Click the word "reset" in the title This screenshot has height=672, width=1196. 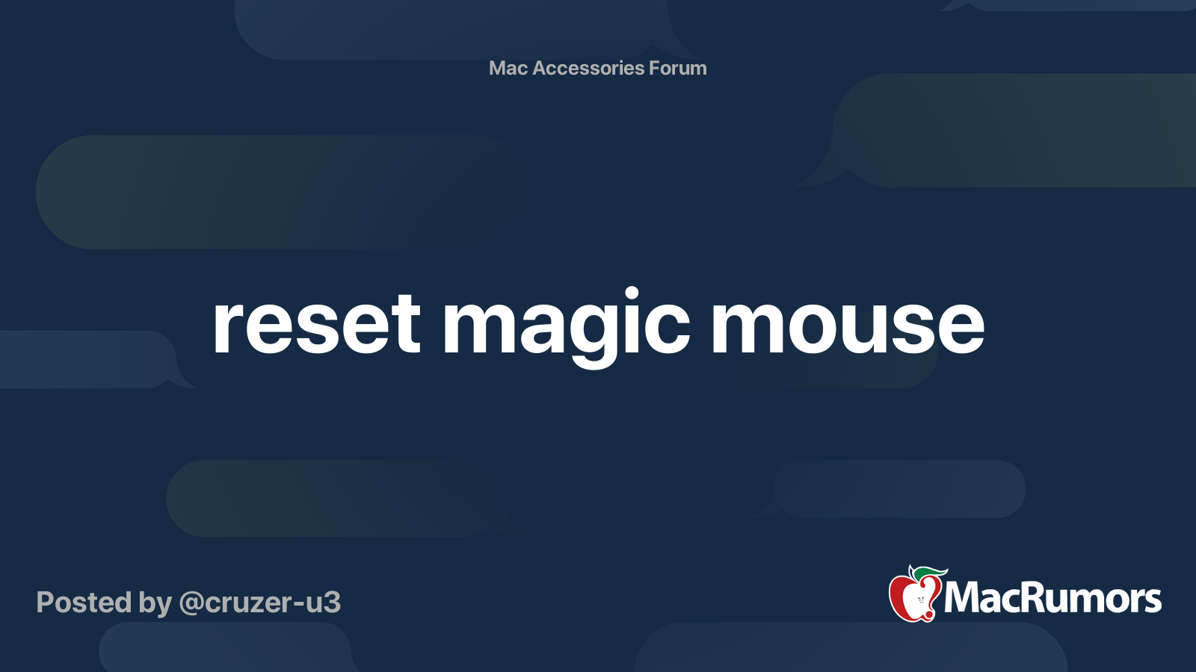[316, 325]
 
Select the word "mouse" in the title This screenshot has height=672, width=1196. [847, 325]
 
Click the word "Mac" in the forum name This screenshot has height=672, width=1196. [508, 68]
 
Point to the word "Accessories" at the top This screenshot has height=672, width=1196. [588, 68]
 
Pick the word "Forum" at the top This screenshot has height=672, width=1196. [678, 68]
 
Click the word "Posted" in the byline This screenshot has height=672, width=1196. [84, 603]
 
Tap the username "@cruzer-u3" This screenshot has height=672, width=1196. [260, 603]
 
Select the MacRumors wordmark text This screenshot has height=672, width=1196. [1052, 598]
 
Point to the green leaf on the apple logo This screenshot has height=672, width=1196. [930, 573]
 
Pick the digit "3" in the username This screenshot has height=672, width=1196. [333, 603]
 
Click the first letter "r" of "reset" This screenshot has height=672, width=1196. [227, 329]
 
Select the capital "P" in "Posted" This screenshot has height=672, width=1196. [46, 603]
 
